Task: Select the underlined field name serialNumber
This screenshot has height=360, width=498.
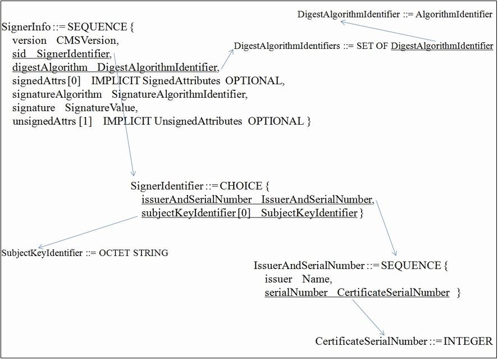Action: click(296, 293)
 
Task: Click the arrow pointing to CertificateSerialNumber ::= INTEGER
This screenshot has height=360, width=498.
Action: click(368, 318)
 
